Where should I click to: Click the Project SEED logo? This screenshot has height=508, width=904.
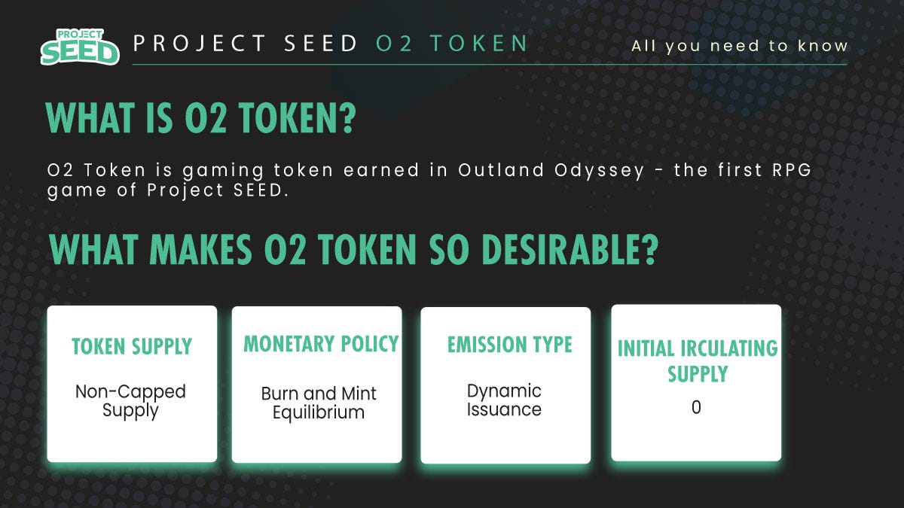pos(80,47)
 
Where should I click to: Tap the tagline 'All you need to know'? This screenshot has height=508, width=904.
pos(739,46)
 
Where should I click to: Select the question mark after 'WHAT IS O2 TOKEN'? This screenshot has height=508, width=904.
pos(347,117)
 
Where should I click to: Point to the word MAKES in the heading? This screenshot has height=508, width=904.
pos(200,249)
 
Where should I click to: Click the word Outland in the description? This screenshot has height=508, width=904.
pos(501,170)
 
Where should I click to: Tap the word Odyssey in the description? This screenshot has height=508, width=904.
pos(599,172)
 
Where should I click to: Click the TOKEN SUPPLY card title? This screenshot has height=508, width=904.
pos(132,346)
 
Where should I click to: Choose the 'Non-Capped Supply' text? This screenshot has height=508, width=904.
pos(130,400)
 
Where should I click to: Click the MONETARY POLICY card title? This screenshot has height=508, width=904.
pos(321,344)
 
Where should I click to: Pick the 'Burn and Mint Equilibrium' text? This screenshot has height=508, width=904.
pos(319,403)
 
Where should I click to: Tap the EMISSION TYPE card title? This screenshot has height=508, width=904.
pos(509,345)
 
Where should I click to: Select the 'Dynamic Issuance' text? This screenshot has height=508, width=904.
pos(504,400)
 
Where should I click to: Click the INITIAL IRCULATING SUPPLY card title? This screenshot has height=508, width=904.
pos(698,360)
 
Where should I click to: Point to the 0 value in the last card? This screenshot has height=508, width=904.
pos(696,407)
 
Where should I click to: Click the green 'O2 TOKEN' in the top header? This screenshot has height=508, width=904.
pos(451,43)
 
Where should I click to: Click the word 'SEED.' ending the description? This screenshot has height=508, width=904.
pos(261,190)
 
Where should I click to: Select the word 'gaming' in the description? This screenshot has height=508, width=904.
pos(223,172)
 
